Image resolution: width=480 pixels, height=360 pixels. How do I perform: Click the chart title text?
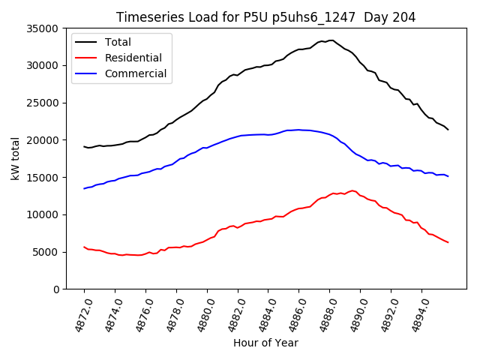point(265,16)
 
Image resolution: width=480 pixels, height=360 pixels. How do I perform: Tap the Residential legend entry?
point(133,58)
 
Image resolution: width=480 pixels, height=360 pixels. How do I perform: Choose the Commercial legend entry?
point(136,73)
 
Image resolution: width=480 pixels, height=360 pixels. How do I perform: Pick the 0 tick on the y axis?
point(56,289)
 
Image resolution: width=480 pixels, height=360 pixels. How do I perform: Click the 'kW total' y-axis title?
point(15,158)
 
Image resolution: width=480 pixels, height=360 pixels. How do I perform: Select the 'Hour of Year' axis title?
point(265,343)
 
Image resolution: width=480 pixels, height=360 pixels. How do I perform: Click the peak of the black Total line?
point(331,40)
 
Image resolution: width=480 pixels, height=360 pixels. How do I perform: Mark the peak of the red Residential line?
point(352,190)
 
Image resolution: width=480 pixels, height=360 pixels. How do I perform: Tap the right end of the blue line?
point(448,176)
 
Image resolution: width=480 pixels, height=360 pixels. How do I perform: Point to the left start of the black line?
point(84,146)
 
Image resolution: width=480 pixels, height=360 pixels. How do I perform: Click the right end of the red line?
point(448,242)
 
